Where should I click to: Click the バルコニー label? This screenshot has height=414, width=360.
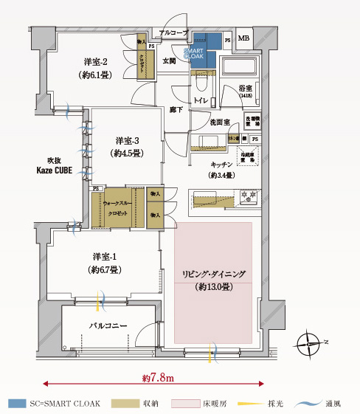coord(109,325)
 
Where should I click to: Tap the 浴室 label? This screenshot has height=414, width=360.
coord(245,88)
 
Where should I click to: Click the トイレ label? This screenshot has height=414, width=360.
coord(198,99)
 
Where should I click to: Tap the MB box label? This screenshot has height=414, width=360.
coord(243,38)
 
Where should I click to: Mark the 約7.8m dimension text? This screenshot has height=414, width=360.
coord(156,378)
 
